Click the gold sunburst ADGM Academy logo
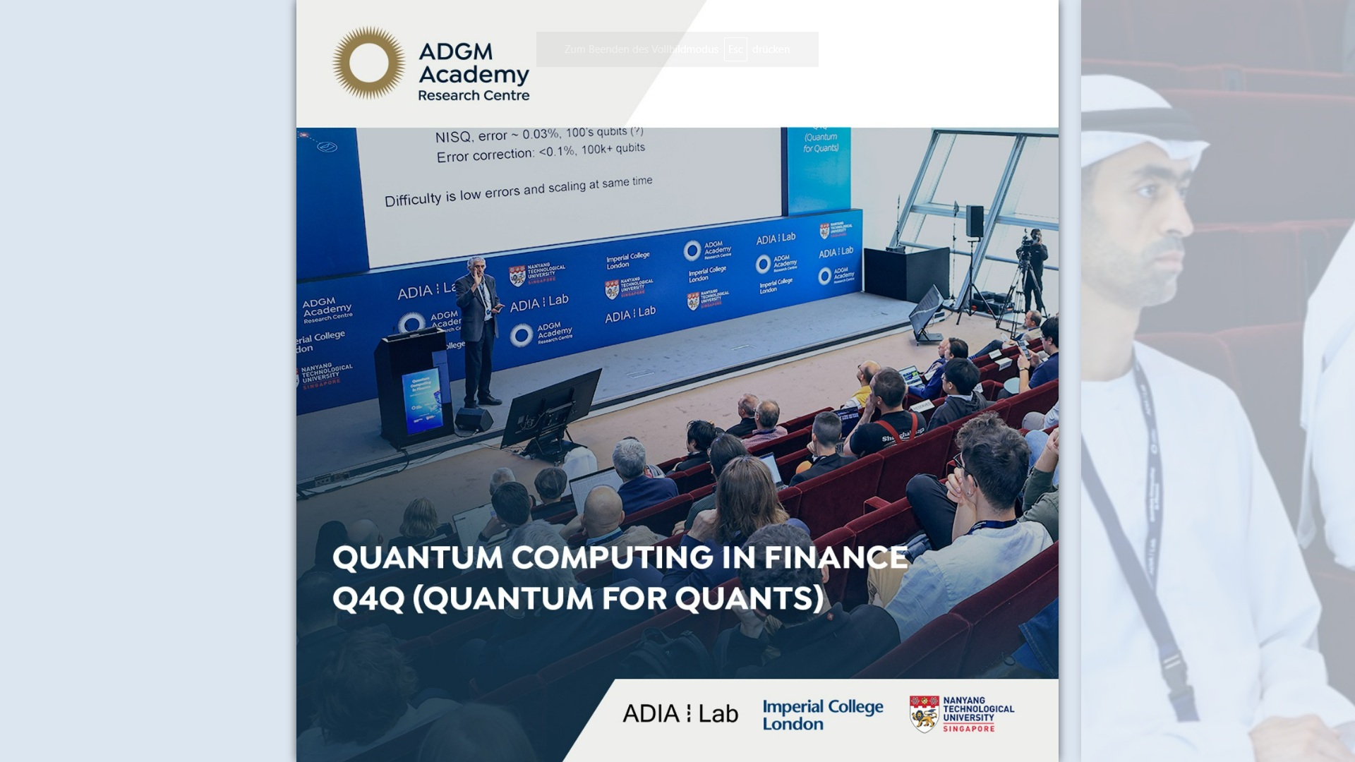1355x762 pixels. coord(368,63)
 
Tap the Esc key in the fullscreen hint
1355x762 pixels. coord(735,49)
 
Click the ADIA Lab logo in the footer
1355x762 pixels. coord(680,713)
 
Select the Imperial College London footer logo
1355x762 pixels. coord(822,715)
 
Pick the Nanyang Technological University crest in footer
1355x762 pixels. coord(924,714)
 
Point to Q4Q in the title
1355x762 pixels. coord(368,598)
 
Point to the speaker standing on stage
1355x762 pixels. coord(479,328)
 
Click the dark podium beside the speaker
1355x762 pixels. coord(413,388)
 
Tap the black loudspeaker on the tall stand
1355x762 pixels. coord(975,222)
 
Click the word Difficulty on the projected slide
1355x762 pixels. coord(412,200)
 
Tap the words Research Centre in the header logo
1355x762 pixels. coord(474,95)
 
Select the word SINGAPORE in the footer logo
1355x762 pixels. coord(968,728)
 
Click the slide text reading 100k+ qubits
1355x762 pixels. coord(613,149)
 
